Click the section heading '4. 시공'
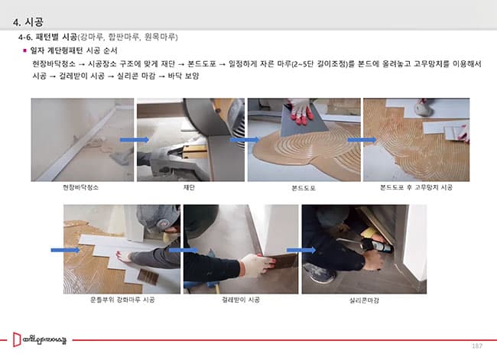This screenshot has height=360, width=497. click(28, 22)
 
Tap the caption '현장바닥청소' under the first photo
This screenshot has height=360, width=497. click(80, 187)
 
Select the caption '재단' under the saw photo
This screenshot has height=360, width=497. click(189, 187)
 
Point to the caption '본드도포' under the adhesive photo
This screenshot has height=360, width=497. click(304, 188)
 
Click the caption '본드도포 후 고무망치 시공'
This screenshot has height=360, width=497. click(416, 187)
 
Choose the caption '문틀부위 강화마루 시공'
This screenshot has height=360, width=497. click(122, 300)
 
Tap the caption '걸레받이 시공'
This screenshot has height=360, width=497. click(241, 300)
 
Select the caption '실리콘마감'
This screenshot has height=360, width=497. click(364, 300)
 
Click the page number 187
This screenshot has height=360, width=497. click(477, 345)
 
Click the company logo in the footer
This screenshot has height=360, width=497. click(40, 339)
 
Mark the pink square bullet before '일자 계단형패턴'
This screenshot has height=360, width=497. click(24, 50)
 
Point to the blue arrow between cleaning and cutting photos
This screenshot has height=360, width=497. click(135, 140)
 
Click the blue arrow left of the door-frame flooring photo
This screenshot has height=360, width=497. click(65, 250)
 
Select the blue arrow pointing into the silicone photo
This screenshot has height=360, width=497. click(301, 251)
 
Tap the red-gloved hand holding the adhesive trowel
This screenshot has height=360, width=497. click(300, 111)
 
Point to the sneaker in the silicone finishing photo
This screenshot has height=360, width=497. click(319, 273)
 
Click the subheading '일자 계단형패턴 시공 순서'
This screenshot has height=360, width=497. click(73, 50)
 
